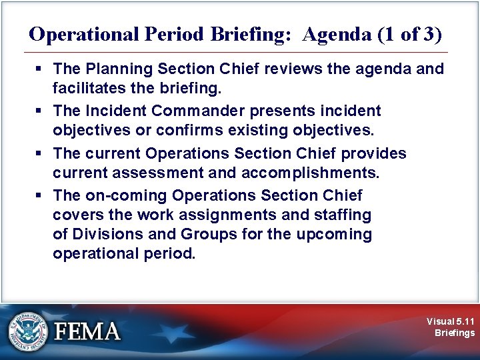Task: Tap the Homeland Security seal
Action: [x=28, y=330]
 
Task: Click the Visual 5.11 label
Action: [x=451, y=321]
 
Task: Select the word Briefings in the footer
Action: [x=455, y=333]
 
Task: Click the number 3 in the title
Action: [x=429, y=34]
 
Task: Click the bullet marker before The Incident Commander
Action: [x=41, y=111]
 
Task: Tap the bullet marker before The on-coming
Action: [x=41, y=195]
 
